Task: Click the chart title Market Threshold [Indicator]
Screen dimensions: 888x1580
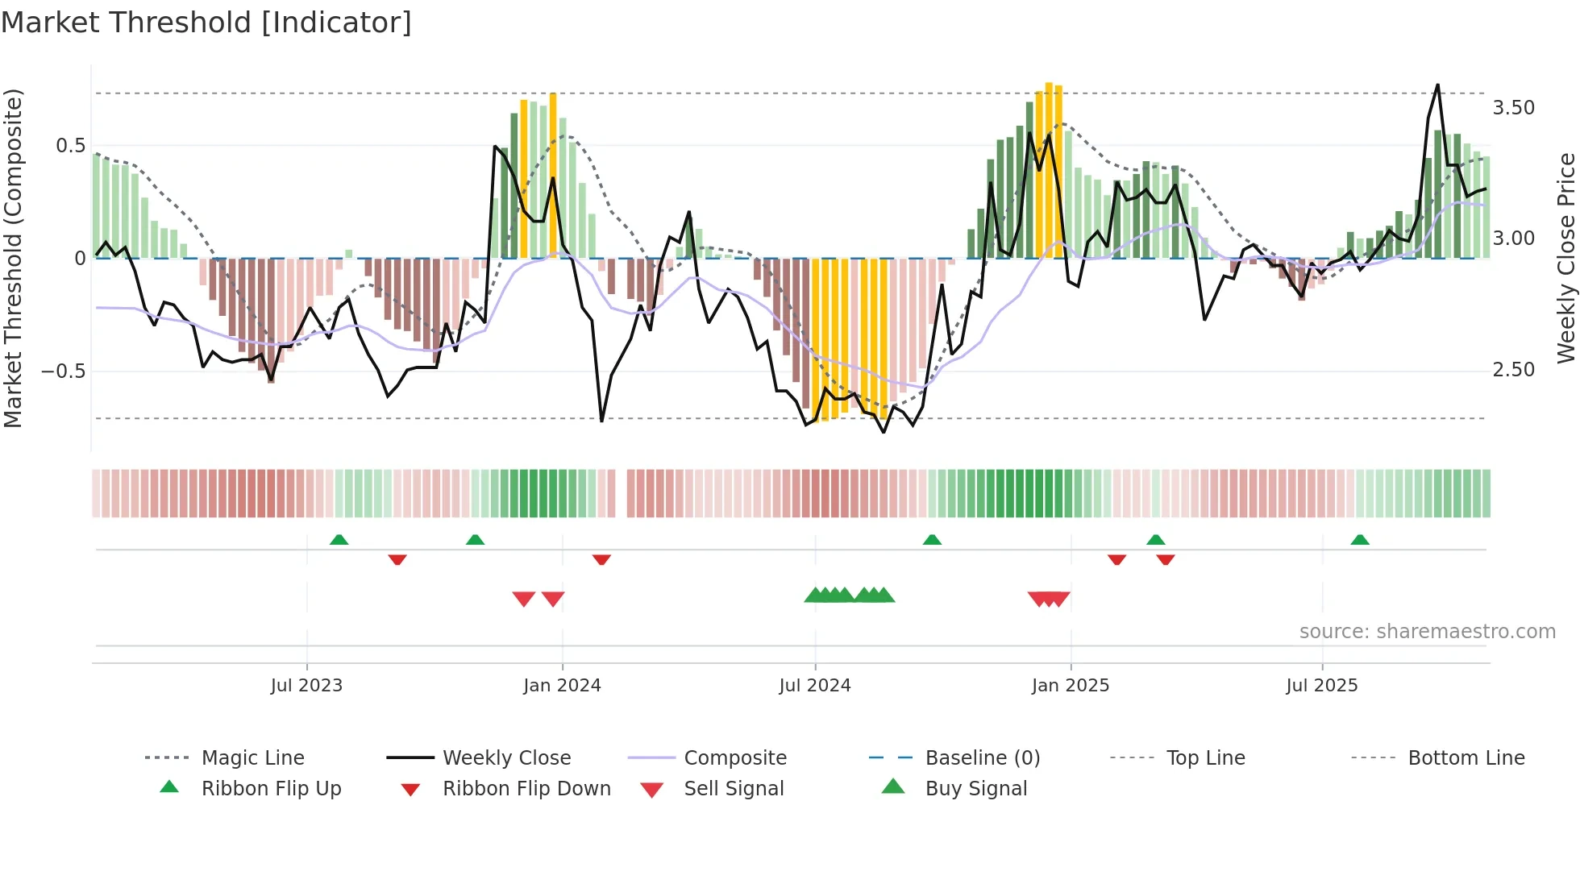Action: tap(206, 23)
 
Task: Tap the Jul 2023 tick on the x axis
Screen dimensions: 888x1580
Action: tap(306, 686)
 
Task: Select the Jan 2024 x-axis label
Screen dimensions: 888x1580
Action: tap(562, 686)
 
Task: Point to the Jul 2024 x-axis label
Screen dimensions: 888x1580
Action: tap(815, 686)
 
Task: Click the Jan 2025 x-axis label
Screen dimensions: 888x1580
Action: tap(1071, 686)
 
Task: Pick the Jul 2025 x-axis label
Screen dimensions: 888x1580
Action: tap(1322, 686)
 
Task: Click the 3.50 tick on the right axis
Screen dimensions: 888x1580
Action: tap(1513, 108)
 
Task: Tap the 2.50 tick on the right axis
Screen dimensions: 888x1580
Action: tap(1513, 370)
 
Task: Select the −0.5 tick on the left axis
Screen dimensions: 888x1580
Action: tap(64, 371)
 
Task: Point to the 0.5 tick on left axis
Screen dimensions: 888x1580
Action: tap(70, 146)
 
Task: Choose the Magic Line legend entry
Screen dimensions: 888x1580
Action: tap(252, 758)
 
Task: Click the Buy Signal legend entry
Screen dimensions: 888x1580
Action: tap(975, 789)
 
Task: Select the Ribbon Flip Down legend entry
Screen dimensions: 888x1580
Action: tap(526, 789)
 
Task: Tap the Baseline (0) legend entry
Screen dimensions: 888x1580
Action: tap(982, 758)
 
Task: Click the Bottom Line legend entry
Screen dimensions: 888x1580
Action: tap(1466, 758)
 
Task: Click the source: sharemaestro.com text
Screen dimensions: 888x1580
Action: tap(1427, 632)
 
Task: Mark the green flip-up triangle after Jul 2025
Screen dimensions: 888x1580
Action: tap(1360, 540)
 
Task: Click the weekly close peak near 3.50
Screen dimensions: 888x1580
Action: tap(1437, 85)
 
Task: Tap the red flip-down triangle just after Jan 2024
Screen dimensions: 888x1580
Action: tap(601, 559)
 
